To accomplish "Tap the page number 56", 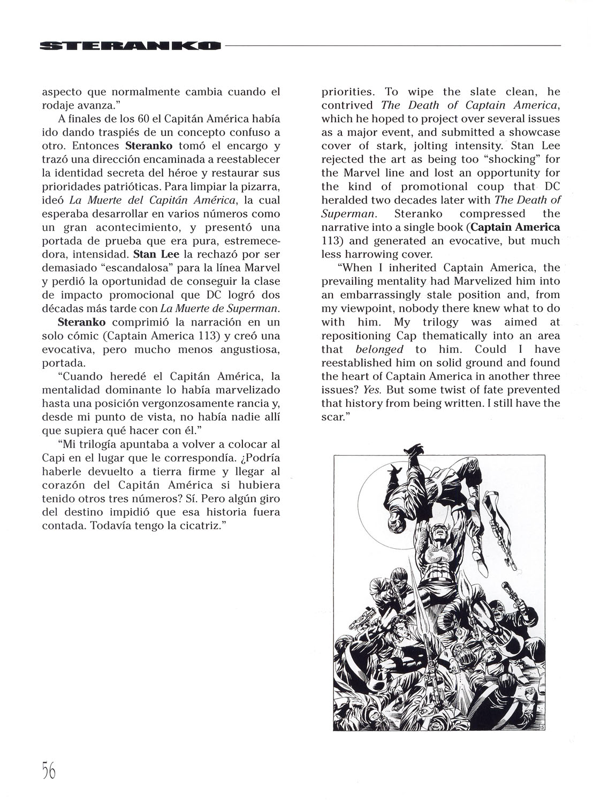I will (x=48, y=771).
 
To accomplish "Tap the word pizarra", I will (x=260, y=186).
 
